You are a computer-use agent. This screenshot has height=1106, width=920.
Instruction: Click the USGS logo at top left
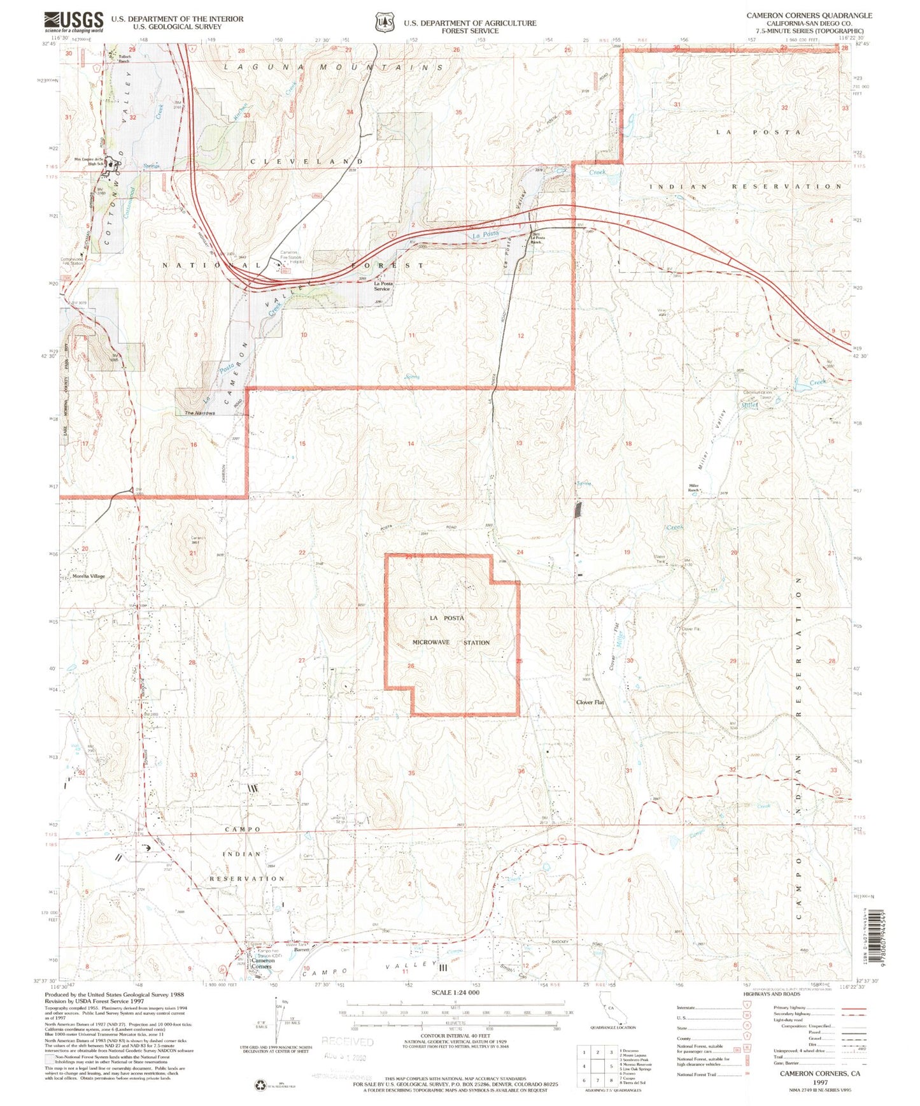tap(74, 22)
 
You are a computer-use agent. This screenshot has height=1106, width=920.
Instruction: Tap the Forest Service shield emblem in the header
tap(383, 22)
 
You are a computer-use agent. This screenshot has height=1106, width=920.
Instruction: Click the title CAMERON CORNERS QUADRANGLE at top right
tap(809, 15)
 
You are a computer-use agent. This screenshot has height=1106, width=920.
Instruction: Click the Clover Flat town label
tap(590, 702)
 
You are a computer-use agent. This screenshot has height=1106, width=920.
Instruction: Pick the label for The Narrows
tap(199, 413)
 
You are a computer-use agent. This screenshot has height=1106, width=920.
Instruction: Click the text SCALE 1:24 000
tap(455, 993)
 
